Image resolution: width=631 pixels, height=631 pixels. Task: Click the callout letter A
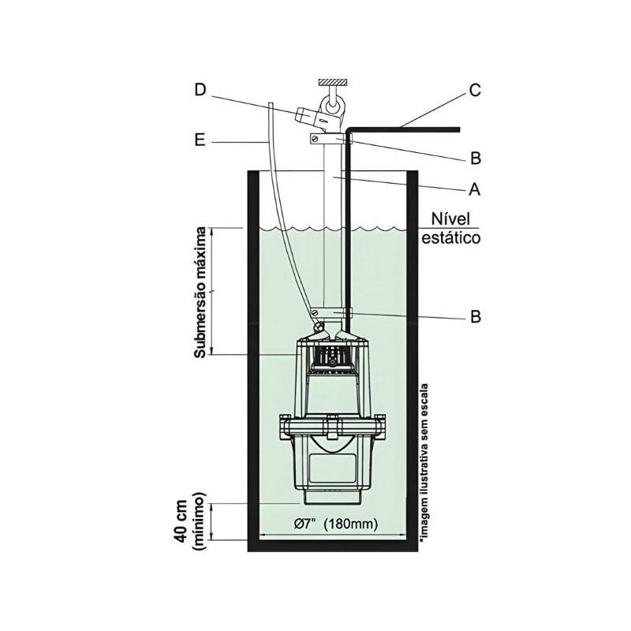pos(475,189)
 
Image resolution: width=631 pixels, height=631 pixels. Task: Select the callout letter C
pos(475,89)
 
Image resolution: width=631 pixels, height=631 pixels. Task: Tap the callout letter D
pos(200,89)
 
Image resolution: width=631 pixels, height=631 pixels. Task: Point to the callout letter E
pos(200,141)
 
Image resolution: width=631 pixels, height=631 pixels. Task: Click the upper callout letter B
pos(475,158)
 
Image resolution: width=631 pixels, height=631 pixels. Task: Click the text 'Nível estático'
pos(450,228)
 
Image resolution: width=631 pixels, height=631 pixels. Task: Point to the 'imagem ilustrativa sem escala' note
pos(424,463)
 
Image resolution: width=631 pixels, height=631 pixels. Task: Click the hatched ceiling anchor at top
pos(333,82)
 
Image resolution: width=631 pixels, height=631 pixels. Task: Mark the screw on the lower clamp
pos(318,326)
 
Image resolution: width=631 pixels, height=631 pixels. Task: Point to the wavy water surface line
pos(331,229)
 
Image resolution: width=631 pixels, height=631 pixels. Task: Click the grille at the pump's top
pos(330,359)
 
